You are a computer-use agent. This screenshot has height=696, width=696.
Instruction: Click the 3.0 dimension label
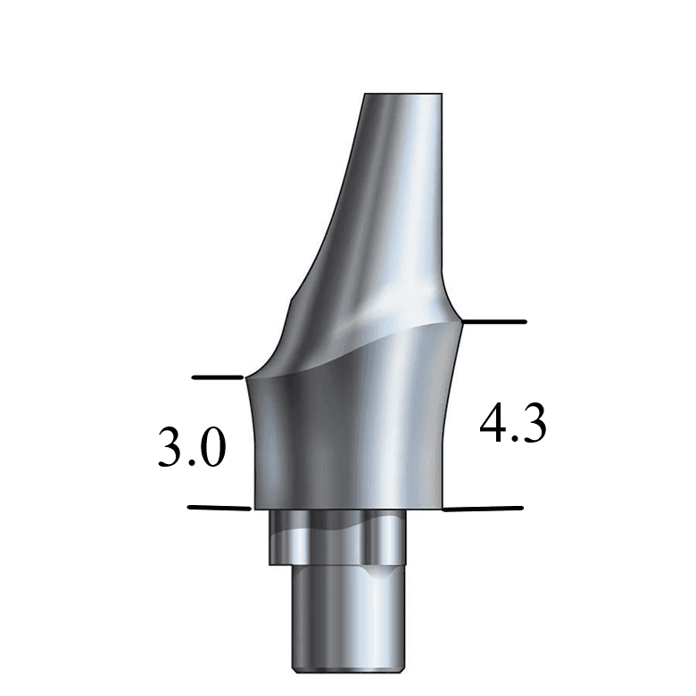pyautogui.click(x=191, y=448)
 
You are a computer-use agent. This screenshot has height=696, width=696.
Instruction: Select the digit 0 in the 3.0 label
pyautogui.click(x=211, y=448)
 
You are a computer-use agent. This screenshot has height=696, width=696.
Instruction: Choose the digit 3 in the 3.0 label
pyautogui.click(x=170, y=448)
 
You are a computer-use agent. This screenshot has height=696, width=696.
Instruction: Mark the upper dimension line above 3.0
pyautogui.click(x=218, y=377)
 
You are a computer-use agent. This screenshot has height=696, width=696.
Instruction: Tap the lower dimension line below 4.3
pyautogui.click(x=483, y=510)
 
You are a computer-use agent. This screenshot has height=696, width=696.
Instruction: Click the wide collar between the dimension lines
pyautogui.click(x=348, y=437)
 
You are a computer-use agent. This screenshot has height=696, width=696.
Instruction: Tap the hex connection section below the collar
pyautogui.click(x=337, y=537)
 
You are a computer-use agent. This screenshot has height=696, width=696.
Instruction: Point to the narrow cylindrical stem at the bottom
pyautogui.click(x=337, y=616)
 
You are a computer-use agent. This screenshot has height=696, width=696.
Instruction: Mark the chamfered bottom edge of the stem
pyautogui.click(x=337, y=667)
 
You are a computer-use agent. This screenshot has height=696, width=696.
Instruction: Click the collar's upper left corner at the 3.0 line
pyautogui.click(x=247, y=378)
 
